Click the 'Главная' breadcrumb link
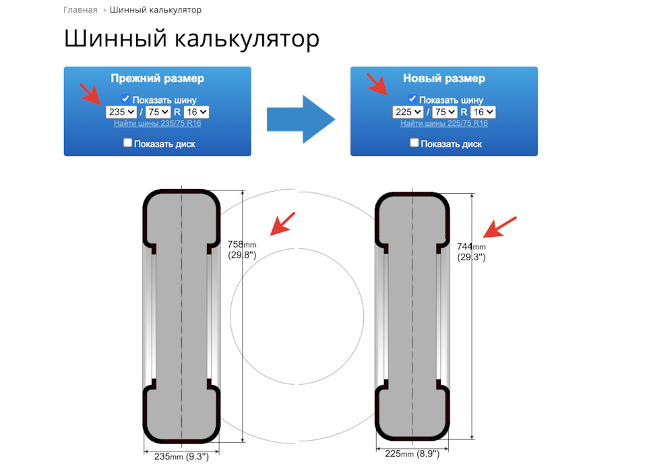tap(80, 10)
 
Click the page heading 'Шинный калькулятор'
tap(191, 38)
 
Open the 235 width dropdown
tap(121, 112)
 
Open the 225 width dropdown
tap(408, 112)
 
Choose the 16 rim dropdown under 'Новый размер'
tap(483, 112)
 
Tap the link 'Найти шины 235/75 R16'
tap(157, 123)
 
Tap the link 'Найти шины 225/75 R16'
tap(443, 123)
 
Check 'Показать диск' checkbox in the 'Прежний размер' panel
tap(128, 143)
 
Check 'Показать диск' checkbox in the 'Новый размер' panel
tap(414, 143)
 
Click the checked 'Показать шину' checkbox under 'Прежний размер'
tap(125, 99)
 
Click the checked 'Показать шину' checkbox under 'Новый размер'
tap(412, 99)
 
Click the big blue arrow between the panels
tap(301, 118)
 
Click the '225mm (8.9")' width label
tap(412, 454)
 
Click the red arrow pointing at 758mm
tap(282, 224)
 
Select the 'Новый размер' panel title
tap(443, 79)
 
